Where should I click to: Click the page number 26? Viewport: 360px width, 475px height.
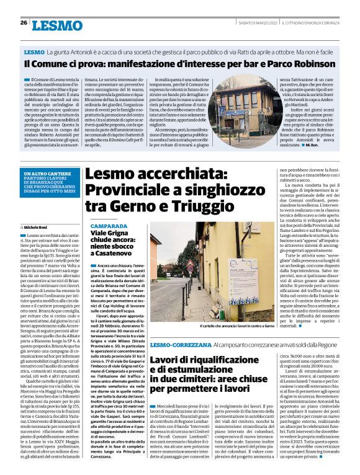[x=23, y=23]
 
